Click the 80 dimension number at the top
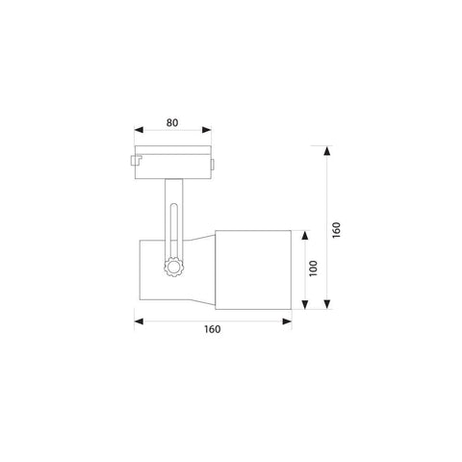click(173, 123)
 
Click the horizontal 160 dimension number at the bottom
click(213, 329)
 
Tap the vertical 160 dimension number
click(336, 231)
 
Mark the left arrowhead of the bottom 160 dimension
click(139, 321)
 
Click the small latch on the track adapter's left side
click(134, 160)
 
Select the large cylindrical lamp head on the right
click(251, 269)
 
